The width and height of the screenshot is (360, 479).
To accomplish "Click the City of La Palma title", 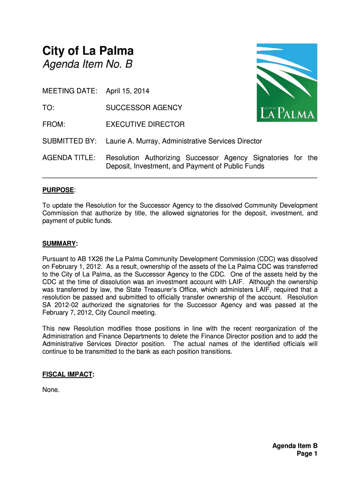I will pos(88,50).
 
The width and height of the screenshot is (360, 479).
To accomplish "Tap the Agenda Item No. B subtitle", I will pos(87,65).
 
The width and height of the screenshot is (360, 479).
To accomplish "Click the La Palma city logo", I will pos(287,83).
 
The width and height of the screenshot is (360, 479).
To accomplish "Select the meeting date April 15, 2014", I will pos(127,91).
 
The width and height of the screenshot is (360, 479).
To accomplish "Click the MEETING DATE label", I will pos(70,91).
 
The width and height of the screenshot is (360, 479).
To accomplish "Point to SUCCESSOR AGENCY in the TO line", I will pos(144,108).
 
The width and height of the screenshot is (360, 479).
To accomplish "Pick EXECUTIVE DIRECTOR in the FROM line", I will pos(145,124).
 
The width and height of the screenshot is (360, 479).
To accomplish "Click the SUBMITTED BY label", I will pos(69,141).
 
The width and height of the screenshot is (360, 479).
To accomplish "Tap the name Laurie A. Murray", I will pos(133,141).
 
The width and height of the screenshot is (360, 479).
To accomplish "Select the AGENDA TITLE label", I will pos(69,158).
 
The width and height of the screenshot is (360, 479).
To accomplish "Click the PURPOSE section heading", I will pos(58,190).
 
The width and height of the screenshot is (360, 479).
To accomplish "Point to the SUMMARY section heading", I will pos(59,244).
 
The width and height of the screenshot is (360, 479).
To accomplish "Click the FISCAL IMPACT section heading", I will pos(67,375).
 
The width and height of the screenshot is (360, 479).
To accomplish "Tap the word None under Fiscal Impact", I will pos(51,390).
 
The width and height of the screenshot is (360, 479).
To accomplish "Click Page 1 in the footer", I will pos(307,454).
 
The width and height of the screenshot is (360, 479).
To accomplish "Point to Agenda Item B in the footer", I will pos(295,446).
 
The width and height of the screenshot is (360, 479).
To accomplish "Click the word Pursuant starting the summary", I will pos(56,259).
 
